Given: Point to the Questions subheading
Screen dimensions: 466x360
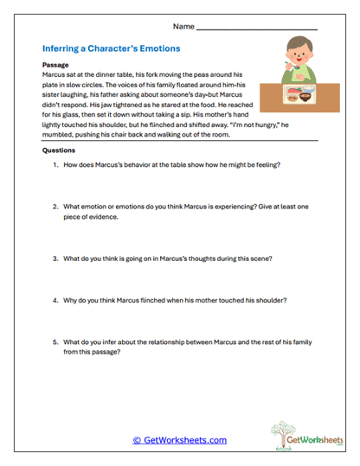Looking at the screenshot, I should pyautogui.click(x=58, y=150).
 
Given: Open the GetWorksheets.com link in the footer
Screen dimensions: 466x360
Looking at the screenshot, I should pyautogui.click(x=179, y=440).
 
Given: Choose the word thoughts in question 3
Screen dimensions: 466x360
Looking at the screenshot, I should pyautogui.click(x=204, y=258).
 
